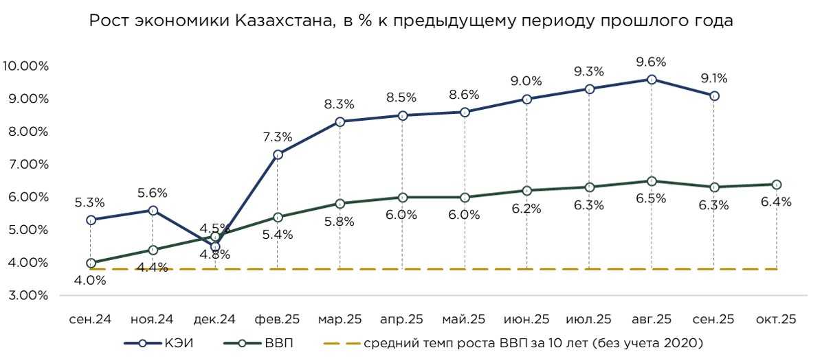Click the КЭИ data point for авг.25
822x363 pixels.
(x=652, y=80)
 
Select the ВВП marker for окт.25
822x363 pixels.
(x=777, y=185)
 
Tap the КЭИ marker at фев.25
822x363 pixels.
(x=278, y=155)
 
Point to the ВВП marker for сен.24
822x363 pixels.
(x=91, y=263)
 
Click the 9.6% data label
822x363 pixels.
(x=652, y=60)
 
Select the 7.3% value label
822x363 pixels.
(x=278, y=137)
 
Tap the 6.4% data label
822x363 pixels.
(x=777, y=202)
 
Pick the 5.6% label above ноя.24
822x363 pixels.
(x=153, y=193)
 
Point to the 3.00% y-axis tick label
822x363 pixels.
(x=27, y=296)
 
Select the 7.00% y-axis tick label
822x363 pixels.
(x=27, y=165)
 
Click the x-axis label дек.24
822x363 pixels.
(x=215, y=319)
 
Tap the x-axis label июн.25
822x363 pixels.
(x=526, y=319)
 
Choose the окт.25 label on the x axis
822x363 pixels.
(x=777, y=319)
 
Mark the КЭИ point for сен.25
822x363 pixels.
(x=714, y=96)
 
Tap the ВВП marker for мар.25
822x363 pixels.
(x=340, y=204)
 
